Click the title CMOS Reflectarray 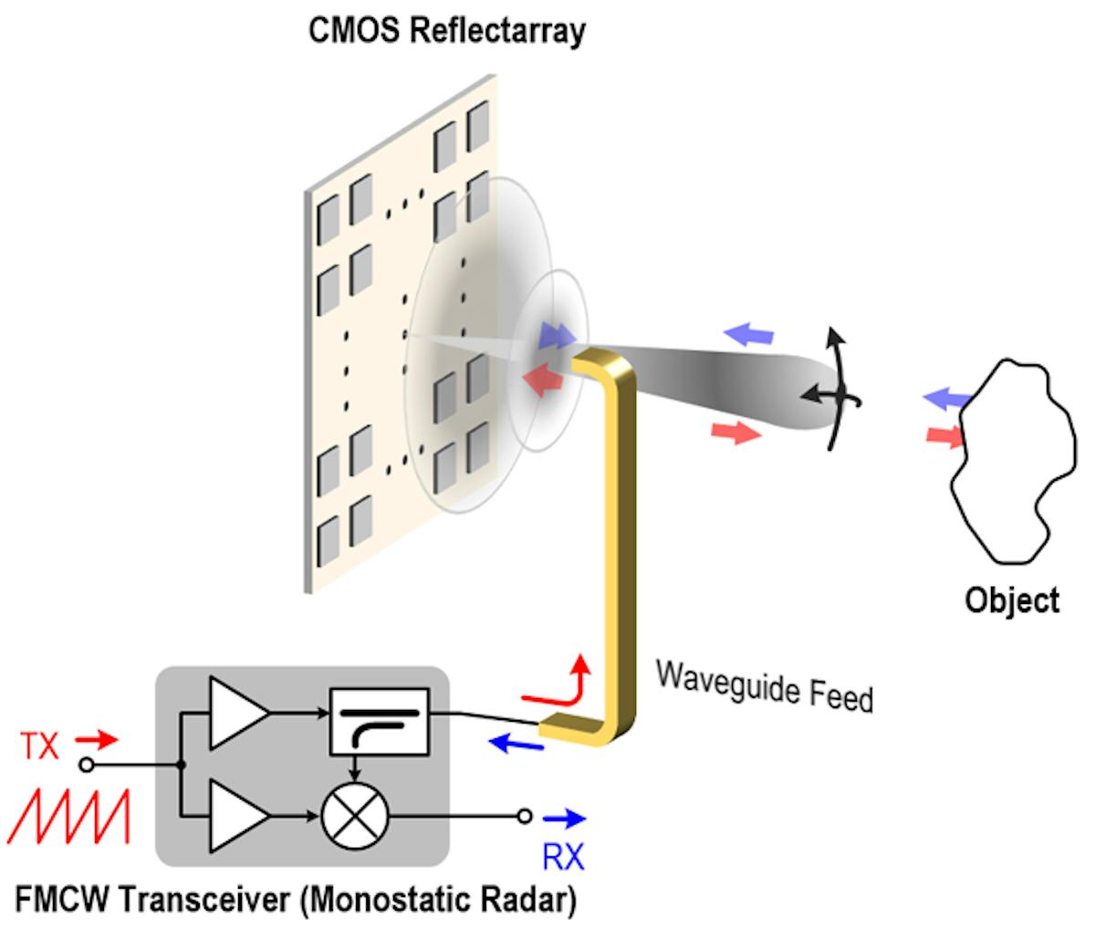[446, 30]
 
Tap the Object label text [1012, 600]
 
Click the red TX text [40, 746]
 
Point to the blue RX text [563, 857]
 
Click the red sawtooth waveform [68, 817]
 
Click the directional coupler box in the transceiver [378, 720]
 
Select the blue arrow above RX [564, 819]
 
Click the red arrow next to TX [96, 737]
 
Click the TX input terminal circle [88, 765]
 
